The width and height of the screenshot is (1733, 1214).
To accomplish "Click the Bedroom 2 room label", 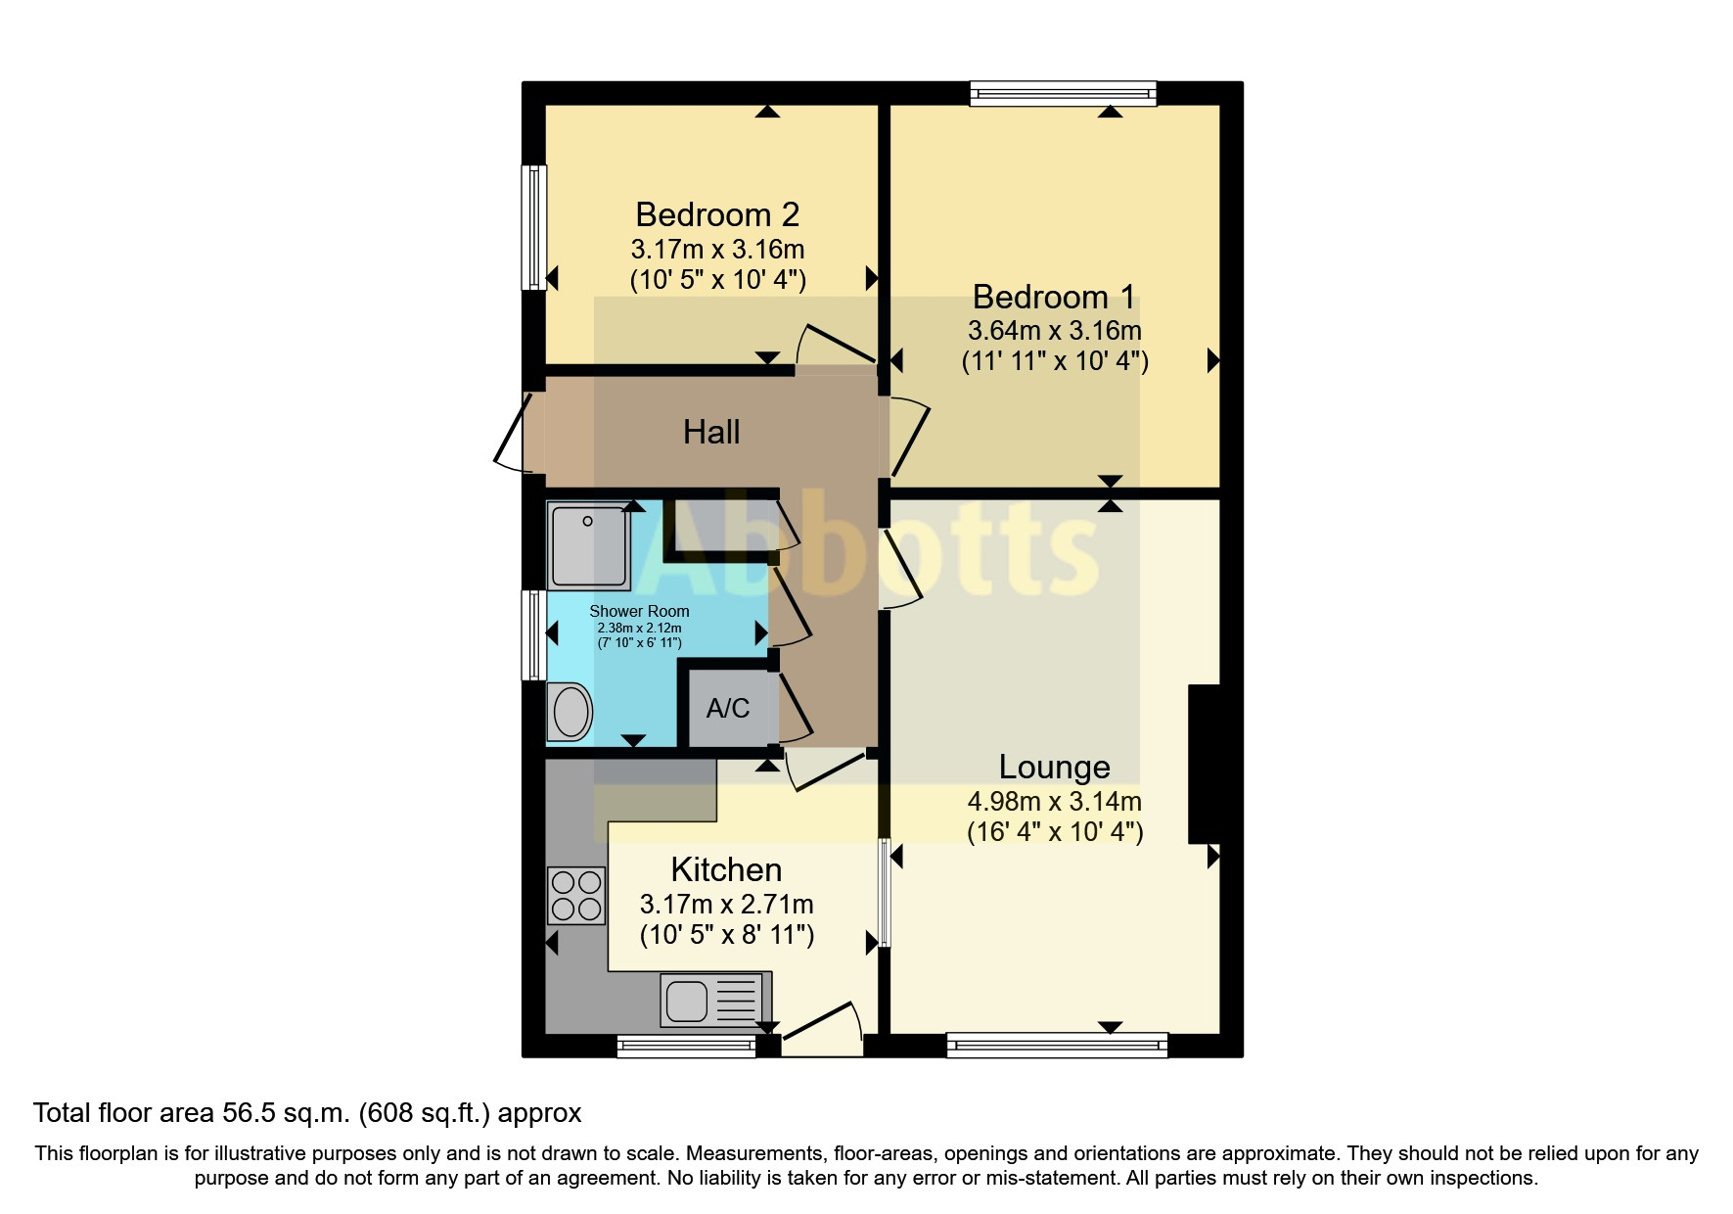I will point(717,214).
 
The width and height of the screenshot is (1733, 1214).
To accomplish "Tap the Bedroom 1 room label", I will point(1054,297).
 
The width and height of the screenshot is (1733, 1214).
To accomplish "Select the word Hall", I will point(711,432).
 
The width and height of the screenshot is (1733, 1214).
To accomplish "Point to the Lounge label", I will point(1054,767).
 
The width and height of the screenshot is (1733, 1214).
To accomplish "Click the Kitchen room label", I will point(726,869).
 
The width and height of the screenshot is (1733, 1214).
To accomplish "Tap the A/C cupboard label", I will point(728,708).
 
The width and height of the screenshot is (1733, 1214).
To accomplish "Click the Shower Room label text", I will point(639,611).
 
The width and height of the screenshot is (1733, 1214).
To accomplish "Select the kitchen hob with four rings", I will point(576,896).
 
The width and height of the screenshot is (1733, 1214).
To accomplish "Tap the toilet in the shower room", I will point(570,712).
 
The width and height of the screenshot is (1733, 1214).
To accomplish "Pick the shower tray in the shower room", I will point(588,545).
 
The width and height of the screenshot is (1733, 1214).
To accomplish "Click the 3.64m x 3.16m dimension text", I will point(1055,330).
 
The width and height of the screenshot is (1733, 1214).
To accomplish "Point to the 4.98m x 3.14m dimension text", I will point(1055,802).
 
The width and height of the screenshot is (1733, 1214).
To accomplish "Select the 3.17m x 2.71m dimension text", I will point(727,905).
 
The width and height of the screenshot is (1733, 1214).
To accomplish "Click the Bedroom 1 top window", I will point(1063,93).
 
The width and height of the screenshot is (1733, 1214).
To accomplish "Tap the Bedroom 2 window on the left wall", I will point(533,227).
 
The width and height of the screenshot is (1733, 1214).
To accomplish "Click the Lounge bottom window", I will point(1057,1046).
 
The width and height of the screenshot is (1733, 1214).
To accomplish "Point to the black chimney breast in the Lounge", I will point(1204,764).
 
